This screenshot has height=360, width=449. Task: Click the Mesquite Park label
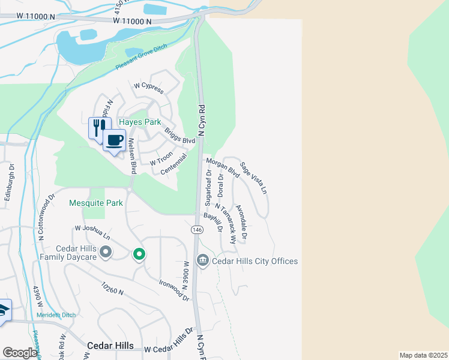96,203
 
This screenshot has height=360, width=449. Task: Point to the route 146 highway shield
197,230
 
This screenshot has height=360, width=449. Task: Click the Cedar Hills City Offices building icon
202,260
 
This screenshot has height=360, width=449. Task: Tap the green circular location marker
139,254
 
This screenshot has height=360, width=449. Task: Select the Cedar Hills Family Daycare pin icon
106,251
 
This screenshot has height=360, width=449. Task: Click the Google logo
20,353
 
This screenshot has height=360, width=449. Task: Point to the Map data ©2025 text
423,355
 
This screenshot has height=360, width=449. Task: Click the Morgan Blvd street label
223,168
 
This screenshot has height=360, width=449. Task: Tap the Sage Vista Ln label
253,178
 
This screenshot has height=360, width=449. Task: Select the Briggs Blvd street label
179,136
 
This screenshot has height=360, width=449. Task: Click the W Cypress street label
148,88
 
